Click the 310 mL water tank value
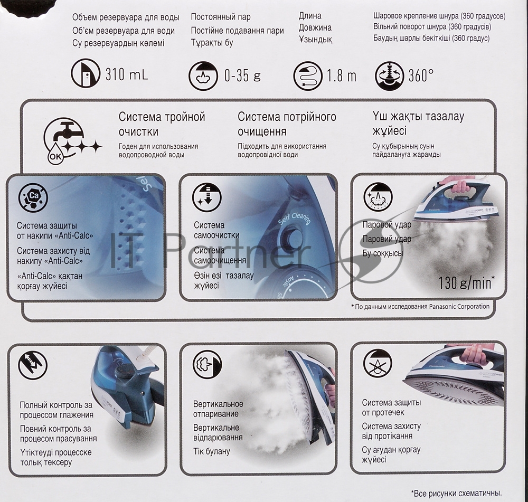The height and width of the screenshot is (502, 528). [x=127, y=74]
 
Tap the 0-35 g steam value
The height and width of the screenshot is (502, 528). [x=242, y=75]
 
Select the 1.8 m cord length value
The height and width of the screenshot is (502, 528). [x=342, y=76]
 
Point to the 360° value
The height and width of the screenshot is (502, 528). [x=421, y=76]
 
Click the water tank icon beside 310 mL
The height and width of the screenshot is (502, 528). [x=86, y=73]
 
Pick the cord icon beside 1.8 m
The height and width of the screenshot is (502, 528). [x=308, y=76]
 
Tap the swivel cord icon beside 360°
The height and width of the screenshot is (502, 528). [x=389, y=76]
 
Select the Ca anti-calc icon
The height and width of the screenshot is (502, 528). [x=33, y=196]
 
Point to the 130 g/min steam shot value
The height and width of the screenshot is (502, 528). [x=466, y=283]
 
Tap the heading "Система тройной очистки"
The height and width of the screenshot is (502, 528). [x=162, y=124]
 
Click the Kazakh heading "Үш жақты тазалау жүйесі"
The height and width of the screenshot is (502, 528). [x=418, y=123]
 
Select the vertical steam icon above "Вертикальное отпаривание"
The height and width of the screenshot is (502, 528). [x=208, y=365]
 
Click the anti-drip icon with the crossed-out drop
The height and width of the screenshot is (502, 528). [x=378, y=364]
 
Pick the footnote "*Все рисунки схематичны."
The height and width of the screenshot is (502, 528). [x=456, y=494]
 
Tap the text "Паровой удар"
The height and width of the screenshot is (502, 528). [x=387, y=224]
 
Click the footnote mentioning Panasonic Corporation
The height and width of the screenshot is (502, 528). [x=420, y=307]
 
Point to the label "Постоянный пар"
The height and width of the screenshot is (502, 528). [x=221, y=17]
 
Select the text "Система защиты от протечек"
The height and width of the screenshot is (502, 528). [x=391, y=408]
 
